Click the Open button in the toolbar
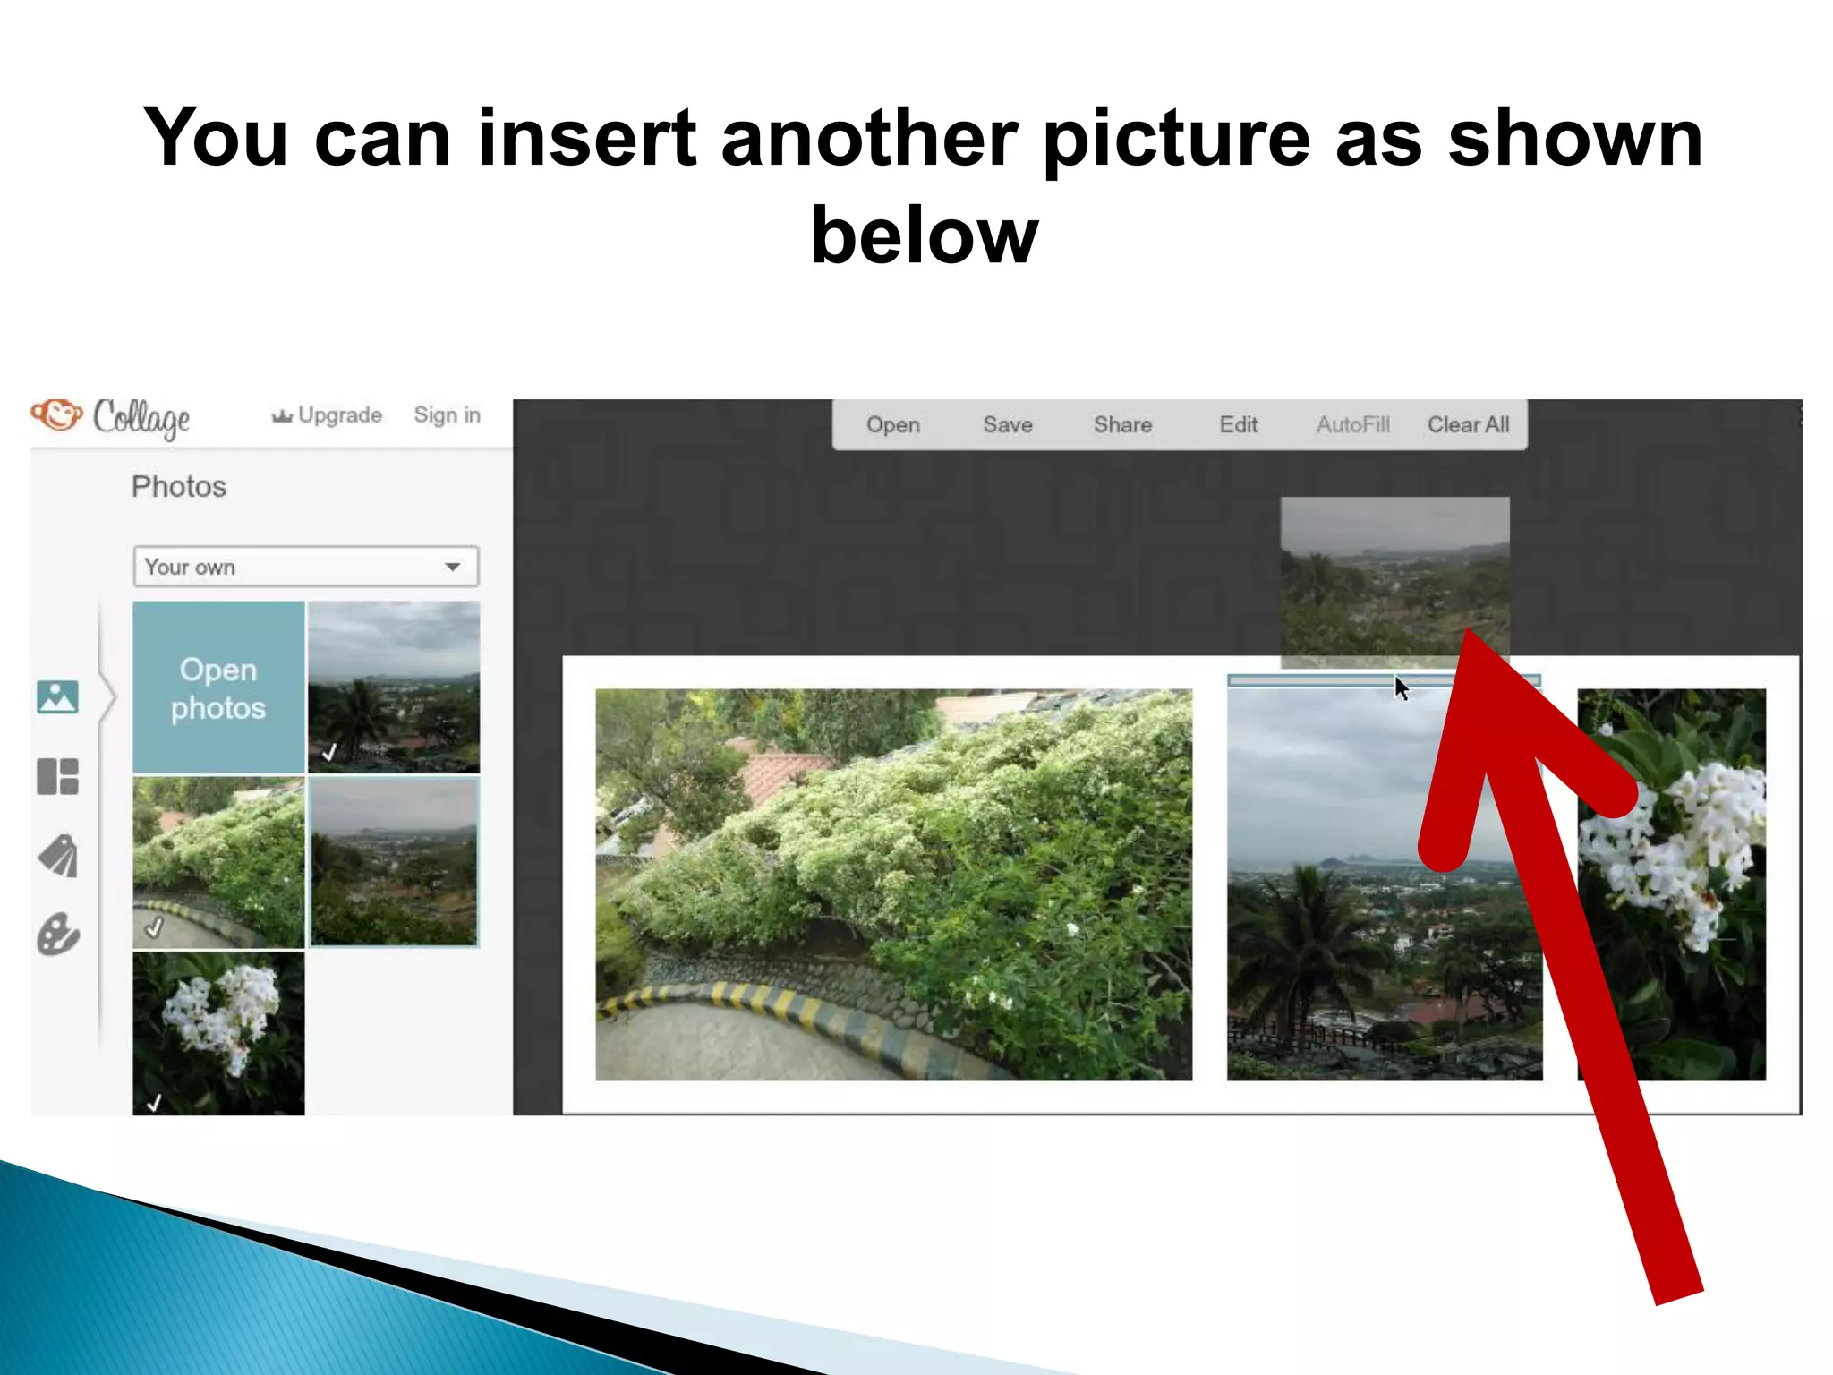pyautogui.click(x=892, y=424)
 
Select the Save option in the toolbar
pyautogui.click(x=1007, y=424)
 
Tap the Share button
pyautogui.click(x=1121, y=424)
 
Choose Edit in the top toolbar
pyautogui.click(x=1238, y=424)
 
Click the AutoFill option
pyautogui.click(x=1352, y=424)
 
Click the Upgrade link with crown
pyautogui.click(x=328, y=415)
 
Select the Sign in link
pyautogui.click(x=447, y=415)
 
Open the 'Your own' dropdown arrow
pyautogui.click(x=453, y=567)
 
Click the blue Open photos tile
pyautogui.click(x=218, y=687)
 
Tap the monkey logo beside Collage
pyautogui.click(x=56, y=414)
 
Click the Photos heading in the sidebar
pyautogui.click(x=179, y=486)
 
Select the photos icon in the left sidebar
pyautogui.click(x=58, y=696)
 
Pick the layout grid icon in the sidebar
pyautogui.click(x=58, y=776)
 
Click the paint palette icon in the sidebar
pyautogui.click(x=58, y=935)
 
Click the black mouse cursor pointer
pyautogui.click(x=1401, y=687)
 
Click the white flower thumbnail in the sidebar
pyautogui.click(x=218, y=1031)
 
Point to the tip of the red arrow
pyautogui.click(x=1469, y=632)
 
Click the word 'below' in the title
pyautogui.click(x=924, y=235)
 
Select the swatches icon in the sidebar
pyautogui.click(x=58, y=856)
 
